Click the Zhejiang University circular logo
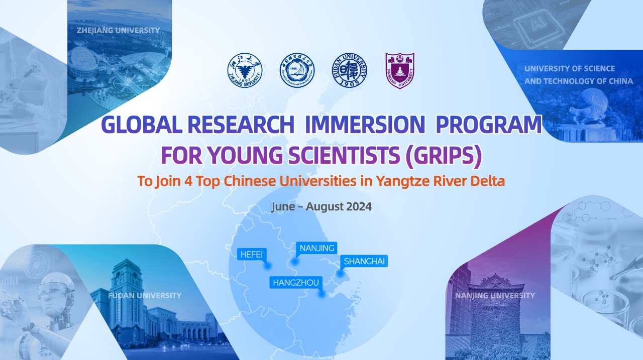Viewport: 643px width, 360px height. point(245,70)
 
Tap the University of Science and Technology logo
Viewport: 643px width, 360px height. point(297,70)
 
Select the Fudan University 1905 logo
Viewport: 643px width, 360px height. point(349,70)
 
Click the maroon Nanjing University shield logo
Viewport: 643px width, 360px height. point(399,70)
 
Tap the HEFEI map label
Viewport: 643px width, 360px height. point(252,254)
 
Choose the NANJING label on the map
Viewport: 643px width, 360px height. point(316,248)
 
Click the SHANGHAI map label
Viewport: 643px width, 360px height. point(364,261)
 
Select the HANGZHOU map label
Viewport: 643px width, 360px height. point(295,283)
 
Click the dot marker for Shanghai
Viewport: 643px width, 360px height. point(340,273)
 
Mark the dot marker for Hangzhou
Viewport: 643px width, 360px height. point(321,294)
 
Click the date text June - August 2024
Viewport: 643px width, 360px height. point(321,206)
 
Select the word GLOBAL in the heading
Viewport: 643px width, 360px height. point(141,125)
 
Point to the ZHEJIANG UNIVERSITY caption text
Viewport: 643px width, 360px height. point(119,30)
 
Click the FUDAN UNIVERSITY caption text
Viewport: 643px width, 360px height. point(145,295)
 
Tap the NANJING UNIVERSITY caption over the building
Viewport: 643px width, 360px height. point(495,295)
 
